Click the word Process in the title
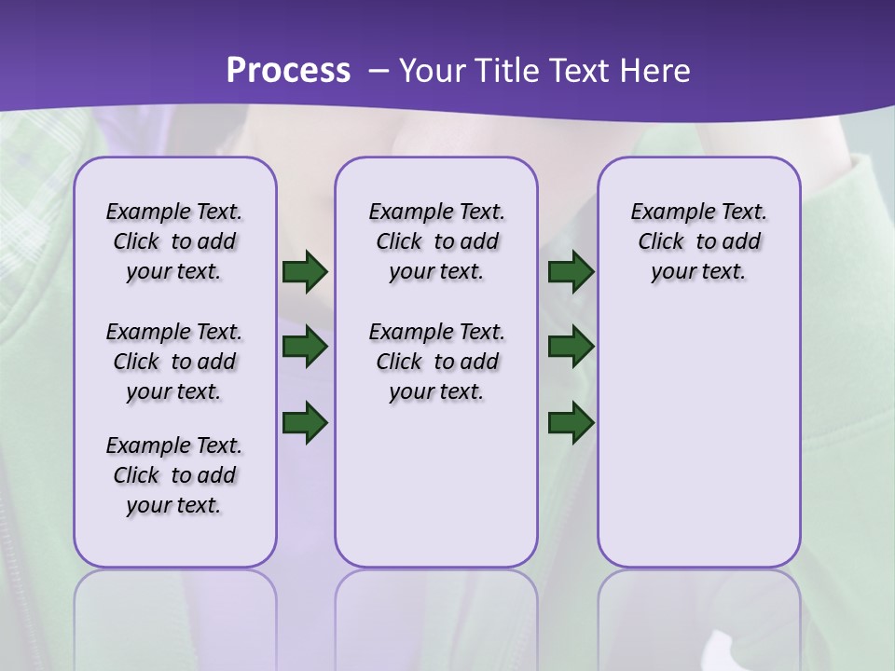(x=288, y=70)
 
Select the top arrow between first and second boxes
(x=305, y=271)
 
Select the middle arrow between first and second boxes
(x=305, y=347)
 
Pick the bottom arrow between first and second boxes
(x=305, y=422)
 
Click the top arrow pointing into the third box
(x=571, y=271)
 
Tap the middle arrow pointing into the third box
(x=571, y=347)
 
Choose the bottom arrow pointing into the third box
(x=571, y=422)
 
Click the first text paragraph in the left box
(x=174, y=241)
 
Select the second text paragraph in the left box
(x=174, y=362)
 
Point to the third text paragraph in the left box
(x=174, y=475)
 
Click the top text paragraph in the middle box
(x=436, y=241)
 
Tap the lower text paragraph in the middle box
(x=436, y=362)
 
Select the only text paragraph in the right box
(x=698, y=241)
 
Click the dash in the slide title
(x=379, y=72)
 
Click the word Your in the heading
(x=432, y=71)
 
